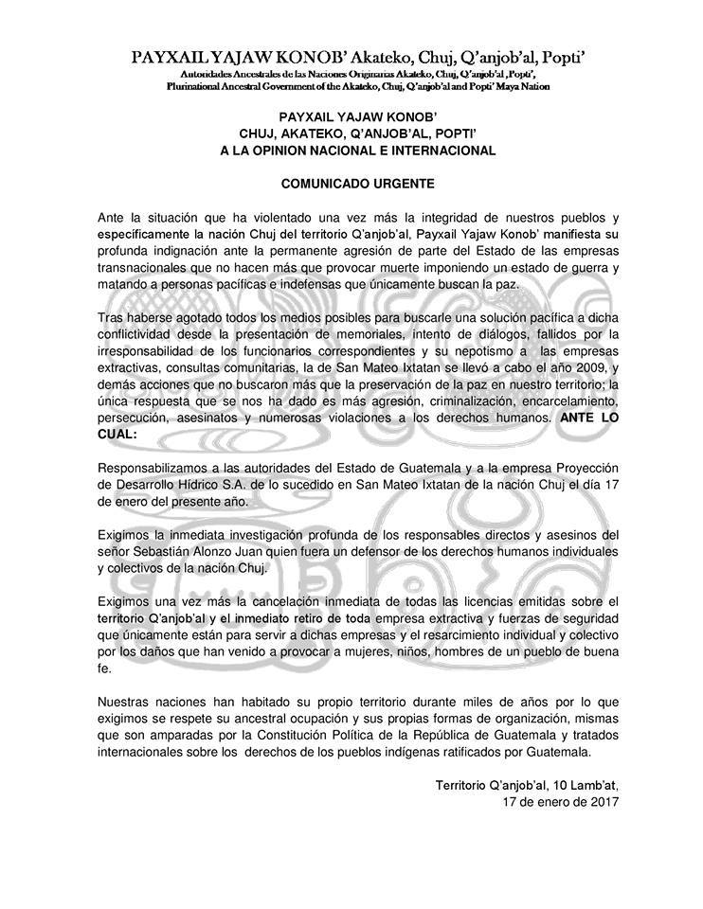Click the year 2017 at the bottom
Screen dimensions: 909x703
[602, 802]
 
